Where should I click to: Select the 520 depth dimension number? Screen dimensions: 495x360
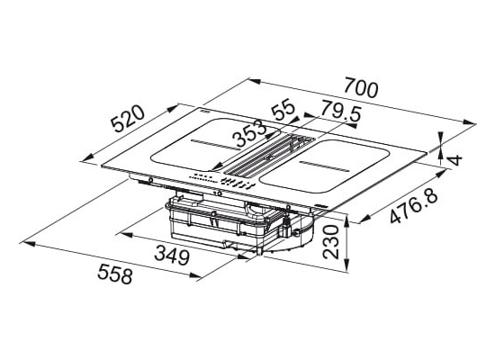(129, 119)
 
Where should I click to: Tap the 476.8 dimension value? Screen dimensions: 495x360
(414, 205)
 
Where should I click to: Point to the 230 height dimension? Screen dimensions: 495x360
(331, 241)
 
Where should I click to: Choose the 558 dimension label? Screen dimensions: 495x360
(114, 274)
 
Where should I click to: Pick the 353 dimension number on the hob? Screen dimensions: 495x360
(249, 133)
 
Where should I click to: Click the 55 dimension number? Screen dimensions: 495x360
(283, 109)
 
